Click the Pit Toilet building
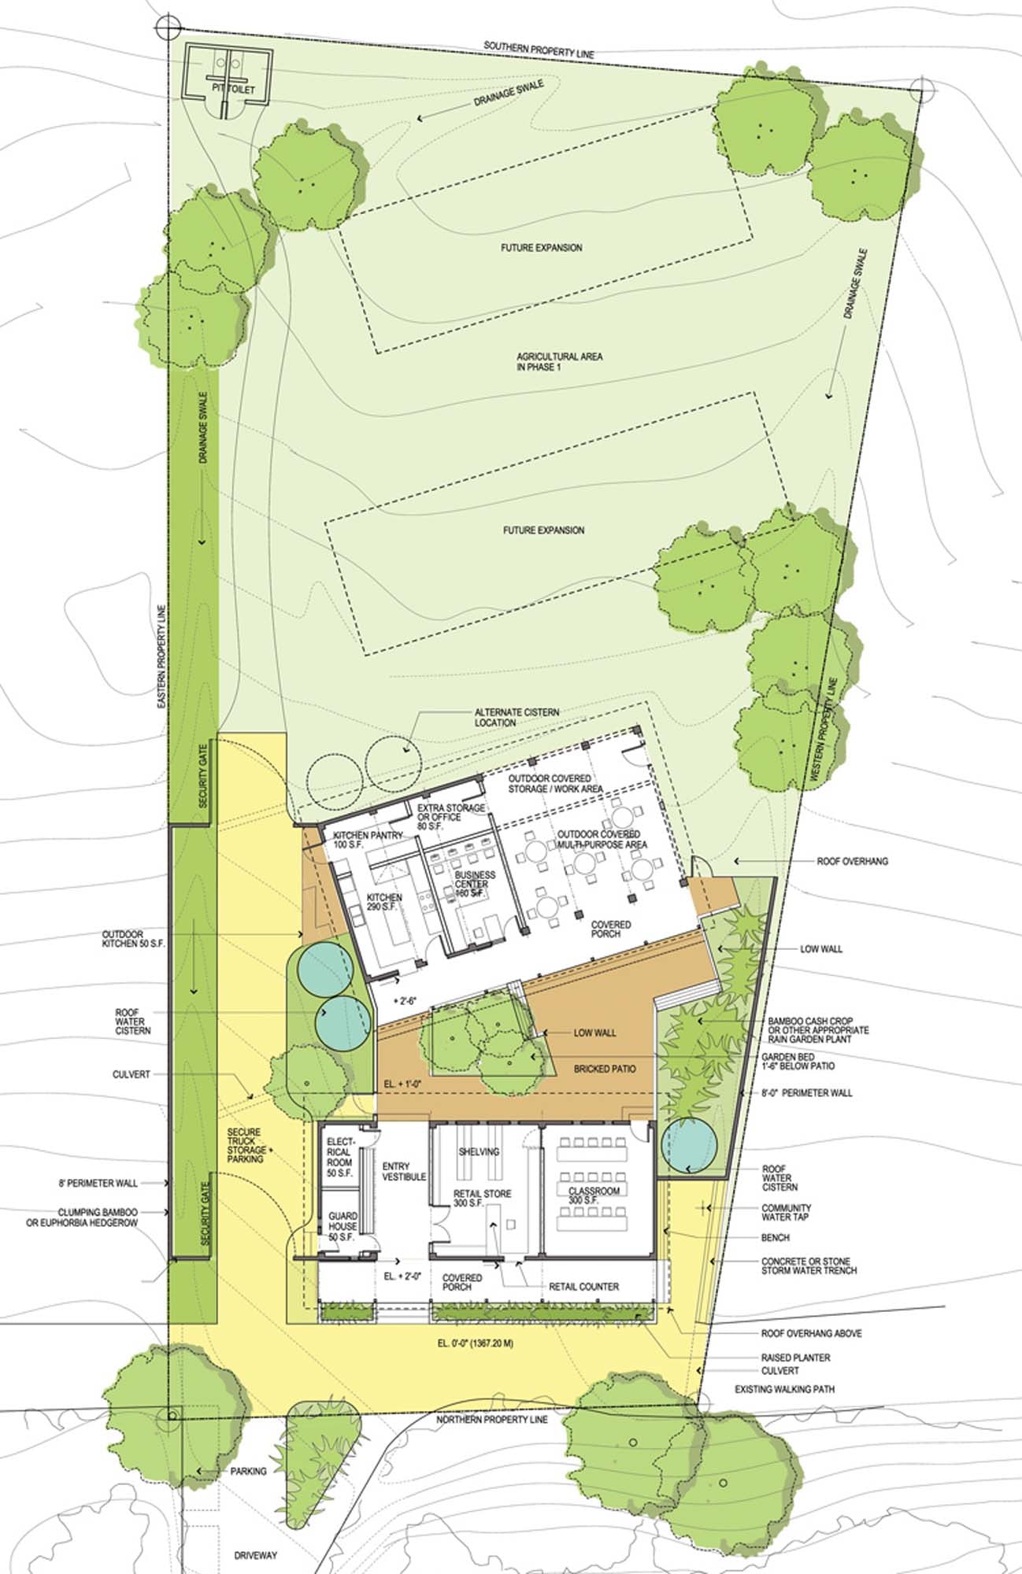point(224,73)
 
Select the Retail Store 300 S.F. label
point(483,1199)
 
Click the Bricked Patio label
point(603,1069)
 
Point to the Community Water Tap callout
point(786,1212)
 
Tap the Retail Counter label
point(583,1287)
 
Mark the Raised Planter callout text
point(795,1358)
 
